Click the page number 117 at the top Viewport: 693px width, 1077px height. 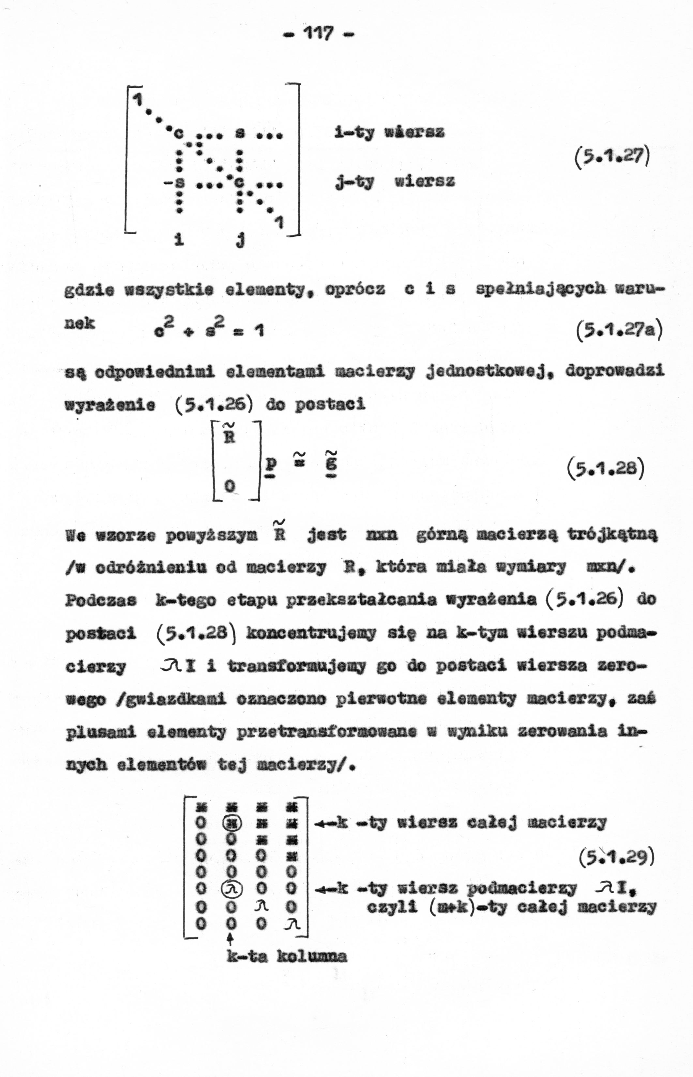[319, 33]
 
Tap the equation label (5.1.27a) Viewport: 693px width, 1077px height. [619, 331]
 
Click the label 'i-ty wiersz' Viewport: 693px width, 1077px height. [390, 133]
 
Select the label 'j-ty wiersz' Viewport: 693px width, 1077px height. [395, 181]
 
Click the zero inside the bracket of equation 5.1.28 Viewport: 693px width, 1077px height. [230, 486]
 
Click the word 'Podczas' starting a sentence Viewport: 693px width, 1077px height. [101, 600]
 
